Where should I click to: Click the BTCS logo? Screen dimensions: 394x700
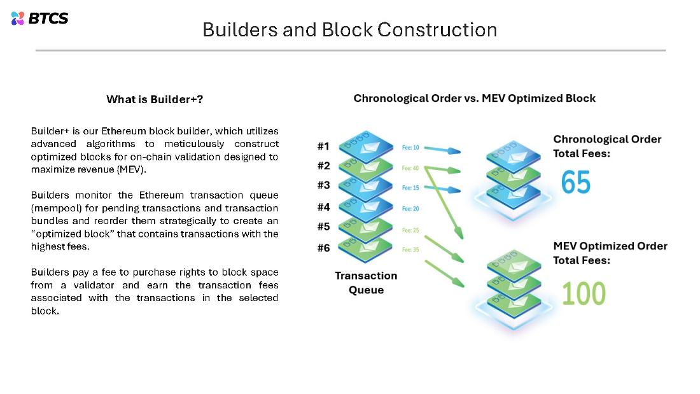[x=39, y=18]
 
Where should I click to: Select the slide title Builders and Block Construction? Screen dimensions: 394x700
[x=349, y=29]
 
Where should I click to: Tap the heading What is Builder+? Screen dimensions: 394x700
[x=155, y=99]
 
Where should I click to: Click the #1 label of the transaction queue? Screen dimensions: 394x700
[x=323, y=147]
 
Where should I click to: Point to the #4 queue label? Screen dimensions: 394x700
[x=323, y=207]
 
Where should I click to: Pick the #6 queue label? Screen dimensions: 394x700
[x=323, y=248]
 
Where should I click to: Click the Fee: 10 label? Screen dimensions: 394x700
[x=410, y=148]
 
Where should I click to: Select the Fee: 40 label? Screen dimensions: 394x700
[x=410, y=168]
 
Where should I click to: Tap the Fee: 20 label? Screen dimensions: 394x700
[x=410, y=209]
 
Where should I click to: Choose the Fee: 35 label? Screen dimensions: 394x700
[x=410, y=250]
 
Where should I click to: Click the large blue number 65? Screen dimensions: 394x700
[x=576, y=183]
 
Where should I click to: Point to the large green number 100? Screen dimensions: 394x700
[x=584, y=293]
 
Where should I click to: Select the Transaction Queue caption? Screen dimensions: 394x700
[x=365, y=283]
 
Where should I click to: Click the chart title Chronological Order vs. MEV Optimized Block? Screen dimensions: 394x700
[x=474, y=98]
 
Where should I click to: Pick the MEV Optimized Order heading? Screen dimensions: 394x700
[x=610, y=246]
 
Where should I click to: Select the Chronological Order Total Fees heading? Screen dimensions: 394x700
[x=607, y=146]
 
